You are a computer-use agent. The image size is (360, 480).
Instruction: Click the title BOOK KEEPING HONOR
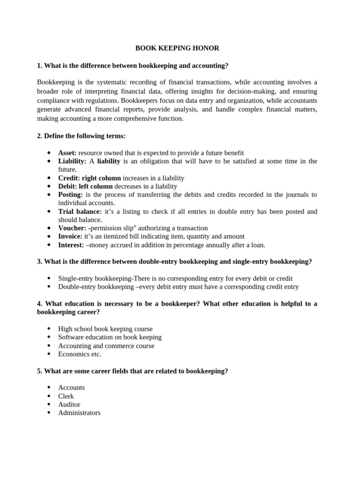[177, 48]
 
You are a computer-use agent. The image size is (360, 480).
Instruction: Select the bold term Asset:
[67, 153]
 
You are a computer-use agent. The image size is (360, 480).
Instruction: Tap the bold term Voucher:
[72, 228]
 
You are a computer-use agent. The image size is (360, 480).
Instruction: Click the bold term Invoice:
[70, 237]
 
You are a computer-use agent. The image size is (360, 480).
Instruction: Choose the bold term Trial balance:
[80, 211]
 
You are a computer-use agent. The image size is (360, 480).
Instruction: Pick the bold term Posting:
[70, 195]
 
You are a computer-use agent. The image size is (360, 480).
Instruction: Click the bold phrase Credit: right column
[89, 178]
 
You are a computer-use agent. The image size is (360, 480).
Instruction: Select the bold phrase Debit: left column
[85, 187]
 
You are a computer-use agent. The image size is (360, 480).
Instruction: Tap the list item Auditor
[69, 405]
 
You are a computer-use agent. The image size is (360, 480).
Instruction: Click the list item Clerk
[66, 396]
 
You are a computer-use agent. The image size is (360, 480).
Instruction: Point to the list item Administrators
[79, 413]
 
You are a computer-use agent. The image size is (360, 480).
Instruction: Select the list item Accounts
[71, 388]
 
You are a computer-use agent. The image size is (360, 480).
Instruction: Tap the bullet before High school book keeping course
[49, 329]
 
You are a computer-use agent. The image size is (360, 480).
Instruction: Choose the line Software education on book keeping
[110, 337]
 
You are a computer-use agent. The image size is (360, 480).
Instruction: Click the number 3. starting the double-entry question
[40, 262]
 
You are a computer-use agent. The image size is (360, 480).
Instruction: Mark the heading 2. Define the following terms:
[81, 136]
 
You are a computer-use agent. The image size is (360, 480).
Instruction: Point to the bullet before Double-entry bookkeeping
[49, 287]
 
